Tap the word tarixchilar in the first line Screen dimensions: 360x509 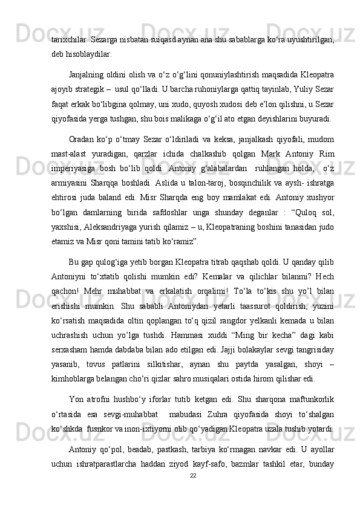coord(69,39)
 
